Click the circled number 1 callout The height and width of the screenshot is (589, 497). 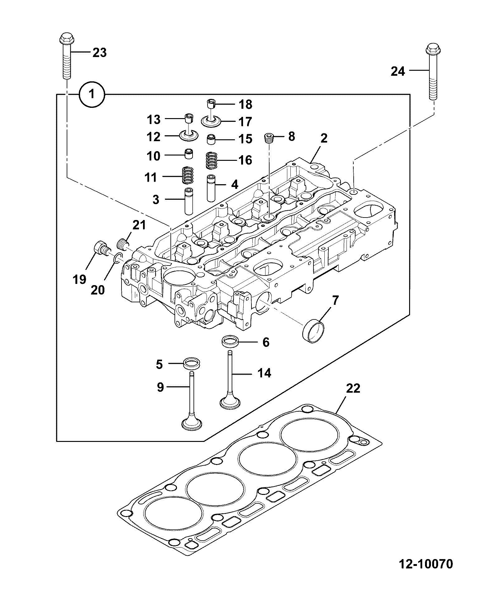(92, 94)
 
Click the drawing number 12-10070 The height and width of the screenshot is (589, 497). (426, 563)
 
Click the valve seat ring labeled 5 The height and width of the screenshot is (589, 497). (191, 363)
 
